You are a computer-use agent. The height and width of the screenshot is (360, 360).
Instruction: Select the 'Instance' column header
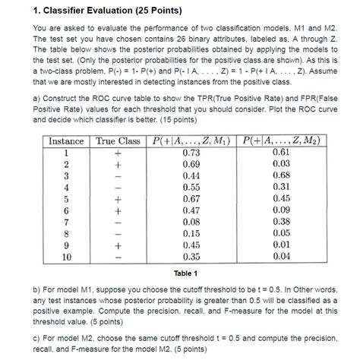66,141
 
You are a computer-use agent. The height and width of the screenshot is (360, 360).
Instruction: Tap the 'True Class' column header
118,141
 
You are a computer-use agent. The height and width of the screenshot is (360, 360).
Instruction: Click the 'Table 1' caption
179,273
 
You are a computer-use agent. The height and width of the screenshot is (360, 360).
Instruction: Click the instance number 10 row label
66,257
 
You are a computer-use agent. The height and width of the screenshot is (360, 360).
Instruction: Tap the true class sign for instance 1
118,153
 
